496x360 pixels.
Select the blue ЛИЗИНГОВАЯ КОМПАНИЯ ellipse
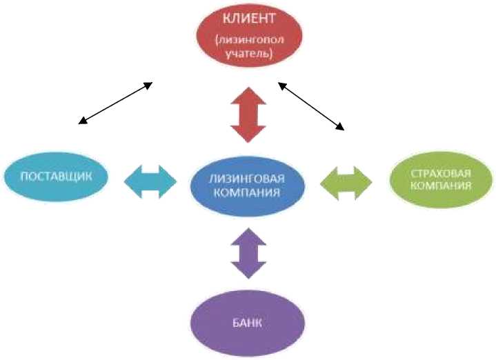point(248,185)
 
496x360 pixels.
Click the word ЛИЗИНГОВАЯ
point(248,178)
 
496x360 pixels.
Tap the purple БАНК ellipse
point(248,322)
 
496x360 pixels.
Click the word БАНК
point(248,323)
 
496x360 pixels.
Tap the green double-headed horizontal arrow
point(346,182)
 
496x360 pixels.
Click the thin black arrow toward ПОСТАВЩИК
point(115,103)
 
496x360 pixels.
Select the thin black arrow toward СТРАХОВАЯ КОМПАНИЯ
point(310,106)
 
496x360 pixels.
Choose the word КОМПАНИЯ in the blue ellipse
point(248,192)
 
